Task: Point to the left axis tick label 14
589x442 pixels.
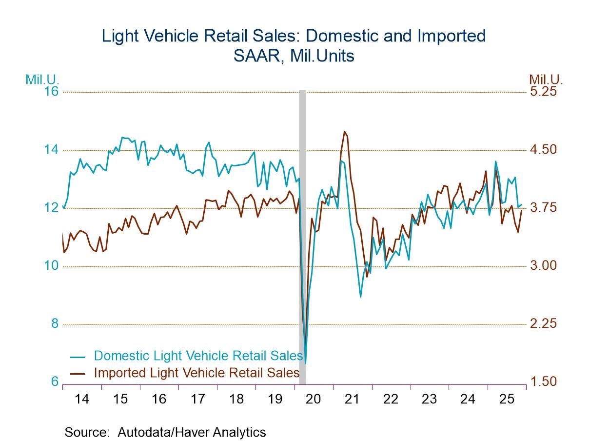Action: coord(51,149)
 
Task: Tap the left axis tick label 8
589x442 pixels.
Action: coord(55,323)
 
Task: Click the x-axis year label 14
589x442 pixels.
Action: coord(82,399)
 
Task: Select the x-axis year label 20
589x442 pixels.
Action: coord(314,399)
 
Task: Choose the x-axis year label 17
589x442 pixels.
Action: coord(197,399)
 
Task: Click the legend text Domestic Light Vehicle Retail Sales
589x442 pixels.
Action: coord(198,355)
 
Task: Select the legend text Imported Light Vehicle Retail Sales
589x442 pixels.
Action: coord(196,373)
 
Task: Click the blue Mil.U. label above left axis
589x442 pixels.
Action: coord(42,79)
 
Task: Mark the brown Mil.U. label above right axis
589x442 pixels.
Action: coord(546,79)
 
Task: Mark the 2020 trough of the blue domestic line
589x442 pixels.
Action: coord(305,363)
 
